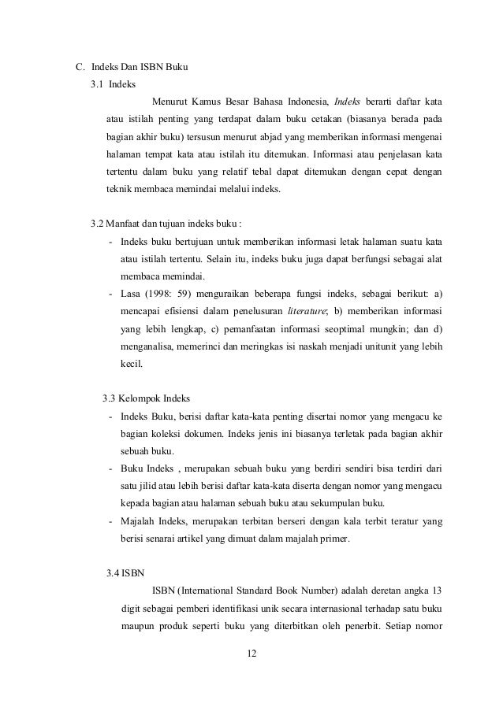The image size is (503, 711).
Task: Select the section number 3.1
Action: (x=97, y=84)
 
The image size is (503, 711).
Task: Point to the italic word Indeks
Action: (x=348, y=102)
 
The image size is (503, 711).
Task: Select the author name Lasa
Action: (x=131, y=293)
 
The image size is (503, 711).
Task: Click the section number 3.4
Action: (x=114, y=572)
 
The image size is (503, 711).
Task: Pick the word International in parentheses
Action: (x=207, y=591)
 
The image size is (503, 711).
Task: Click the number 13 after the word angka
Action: (x=435, y=591)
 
